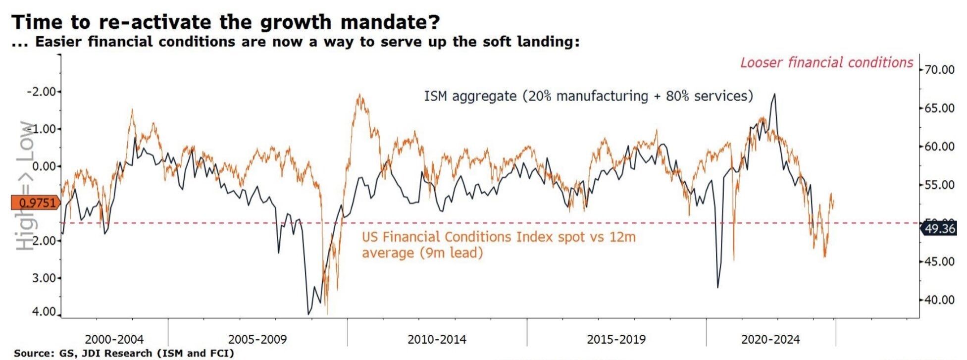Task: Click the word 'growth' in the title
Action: coord(274,23)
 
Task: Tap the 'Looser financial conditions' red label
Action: coord(826,63)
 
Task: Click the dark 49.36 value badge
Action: coord(939,229)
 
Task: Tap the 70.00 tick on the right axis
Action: coord(939,70)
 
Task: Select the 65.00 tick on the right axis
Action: coord(939,108)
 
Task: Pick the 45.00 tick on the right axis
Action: coord(939,261)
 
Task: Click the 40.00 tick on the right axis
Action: coord(939,300)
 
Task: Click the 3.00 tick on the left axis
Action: coord(44,278)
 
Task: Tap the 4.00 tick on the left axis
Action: coord(44,312)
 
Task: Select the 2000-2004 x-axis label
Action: coord(114,340)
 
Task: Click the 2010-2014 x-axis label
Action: coord(437,340)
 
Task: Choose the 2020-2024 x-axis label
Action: coord(770,340)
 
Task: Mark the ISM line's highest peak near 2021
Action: coord(774,94)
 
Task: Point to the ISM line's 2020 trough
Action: coord(717,287)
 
